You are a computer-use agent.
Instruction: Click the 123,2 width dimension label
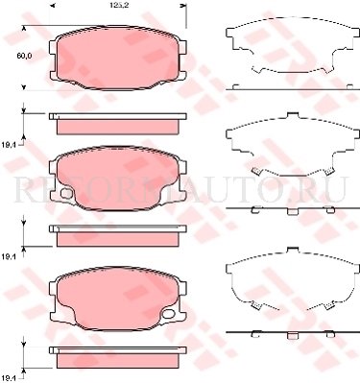coord(119,6)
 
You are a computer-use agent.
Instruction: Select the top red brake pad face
coord(117,59)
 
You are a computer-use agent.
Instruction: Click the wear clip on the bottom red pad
coord(170,311)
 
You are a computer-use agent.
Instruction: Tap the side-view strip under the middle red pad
coord(117,233)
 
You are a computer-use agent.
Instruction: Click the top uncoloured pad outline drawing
coord(286,52)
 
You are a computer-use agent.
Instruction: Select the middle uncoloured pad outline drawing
coord(286,151)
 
